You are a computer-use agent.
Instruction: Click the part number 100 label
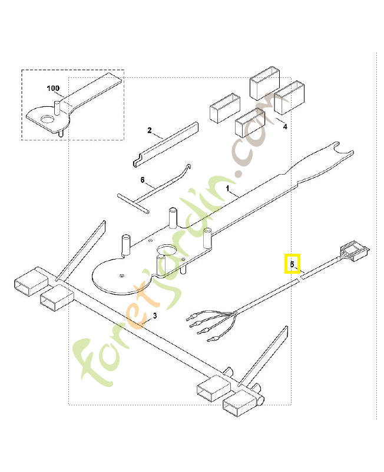pyautogui.click(x=53, y=88)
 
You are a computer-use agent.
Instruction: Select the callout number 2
pyautogui.click(x=150, y=130)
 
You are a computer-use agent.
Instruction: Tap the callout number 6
pyautogui.click(x=142, y=179)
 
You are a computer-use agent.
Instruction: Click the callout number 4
pyautogui.click(x=284, y=126)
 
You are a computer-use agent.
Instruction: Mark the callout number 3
pyautogui.click(x=154, y=316)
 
